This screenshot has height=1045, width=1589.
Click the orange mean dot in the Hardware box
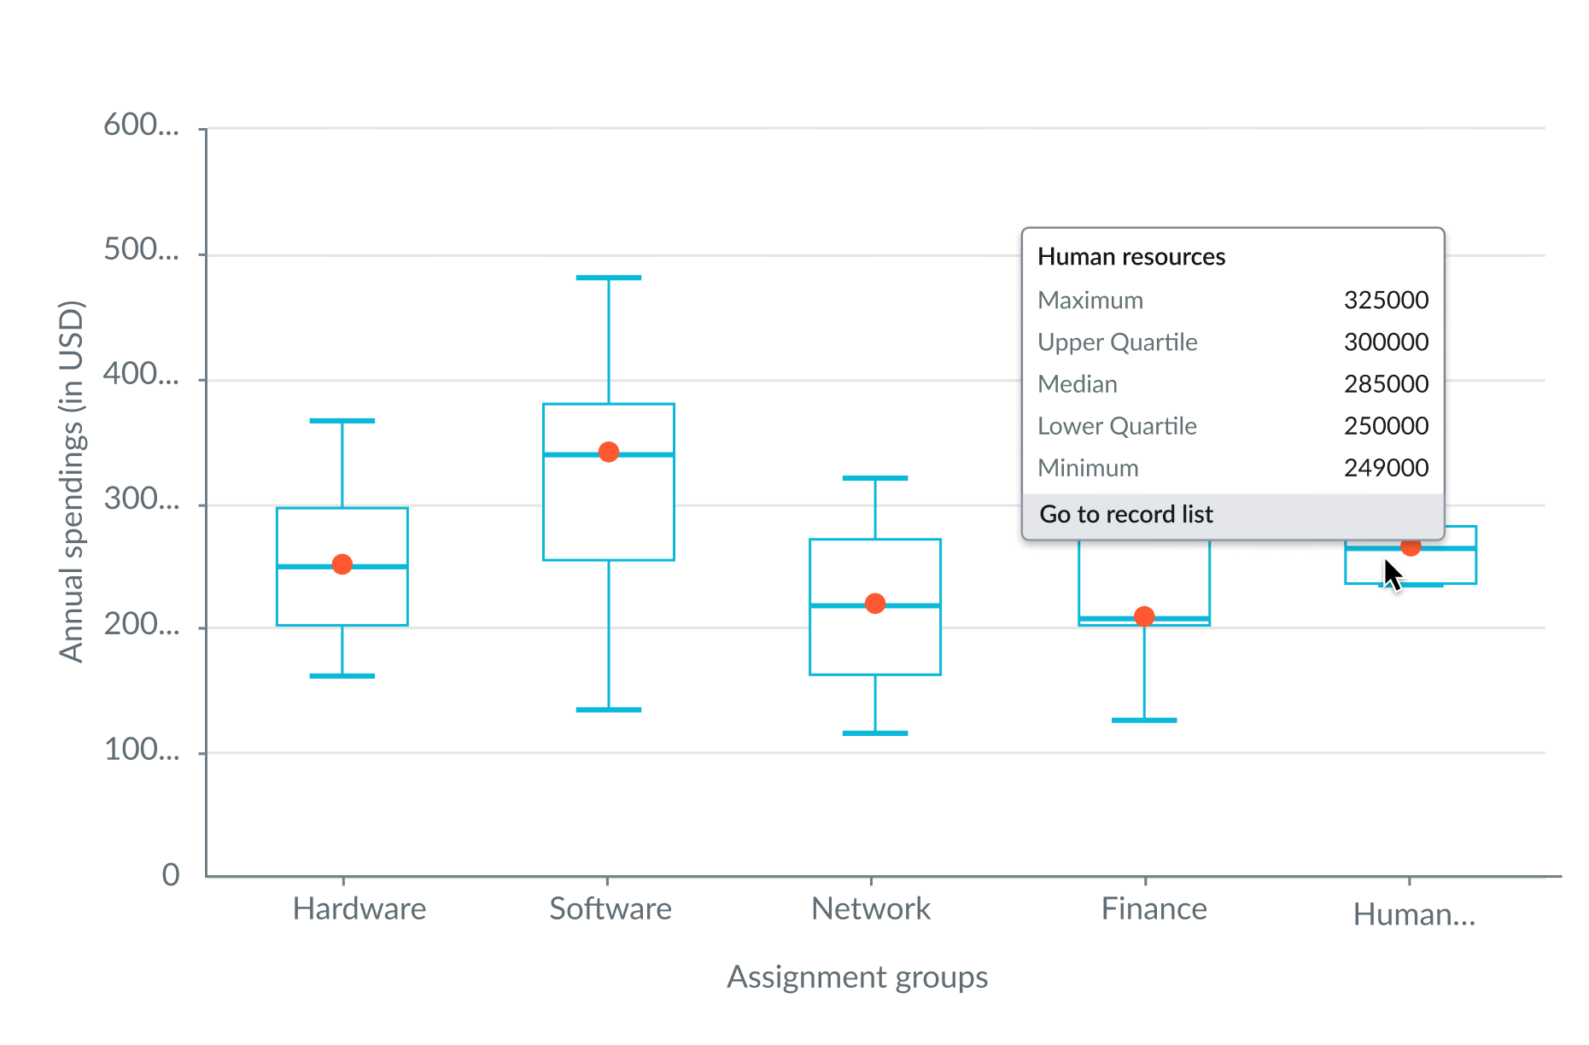[342, 564]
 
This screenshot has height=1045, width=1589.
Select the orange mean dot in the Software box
[609, 452]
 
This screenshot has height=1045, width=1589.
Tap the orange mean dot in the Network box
[875, 604]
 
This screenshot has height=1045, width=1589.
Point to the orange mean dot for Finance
[1144, 616]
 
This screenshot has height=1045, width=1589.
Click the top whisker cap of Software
[609, 277]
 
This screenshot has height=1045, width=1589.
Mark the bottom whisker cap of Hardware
[342, 675]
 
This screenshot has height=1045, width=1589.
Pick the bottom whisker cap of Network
[875, 733]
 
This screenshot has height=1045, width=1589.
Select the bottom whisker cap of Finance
[1144, 720]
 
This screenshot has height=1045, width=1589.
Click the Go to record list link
[1126, 514]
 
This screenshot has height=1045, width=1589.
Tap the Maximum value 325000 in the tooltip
[1386, 301]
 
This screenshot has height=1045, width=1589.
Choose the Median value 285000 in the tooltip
[1386, 384]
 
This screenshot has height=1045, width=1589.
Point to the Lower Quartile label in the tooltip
[1117, 426]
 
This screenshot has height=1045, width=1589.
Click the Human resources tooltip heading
[1131, 257]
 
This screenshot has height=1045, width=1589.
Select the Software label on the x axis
[610, 909]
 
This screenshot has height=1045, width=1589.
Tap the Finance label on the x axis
[1154, 909]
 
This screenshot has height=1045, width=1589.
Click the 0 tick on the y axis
[171, 875]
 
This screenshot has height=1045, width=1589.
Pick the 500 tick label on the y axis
[141, 250]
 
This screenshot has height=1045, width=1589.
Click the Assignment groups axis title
[857, 977]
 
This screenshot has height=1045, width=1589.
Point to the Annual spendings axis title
[72, 482]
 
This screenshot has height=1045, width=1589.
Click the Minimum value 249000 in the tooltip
[1386, 468]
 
